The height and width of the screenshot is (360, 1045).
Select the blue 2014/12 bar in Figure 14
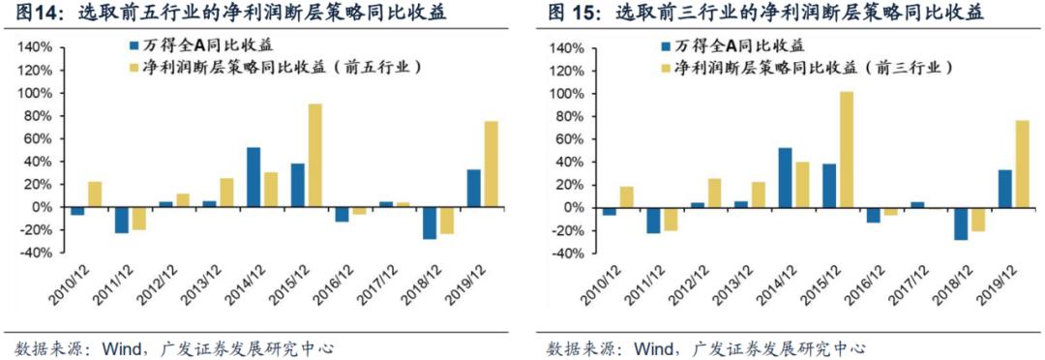click(254, 177)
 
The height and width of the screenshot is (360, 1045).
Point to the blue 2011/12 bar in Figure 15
click(653, 220)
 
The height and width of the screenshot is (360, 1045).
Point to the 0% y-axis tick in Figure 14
click(44, 207)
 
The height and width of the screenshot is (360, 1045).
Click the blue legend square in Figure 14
click(135, 45)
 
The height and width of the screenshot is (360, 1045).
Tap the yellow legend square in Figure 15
click(666, 68)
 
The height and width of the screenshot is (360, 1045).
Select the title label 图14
click(31, 13)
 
